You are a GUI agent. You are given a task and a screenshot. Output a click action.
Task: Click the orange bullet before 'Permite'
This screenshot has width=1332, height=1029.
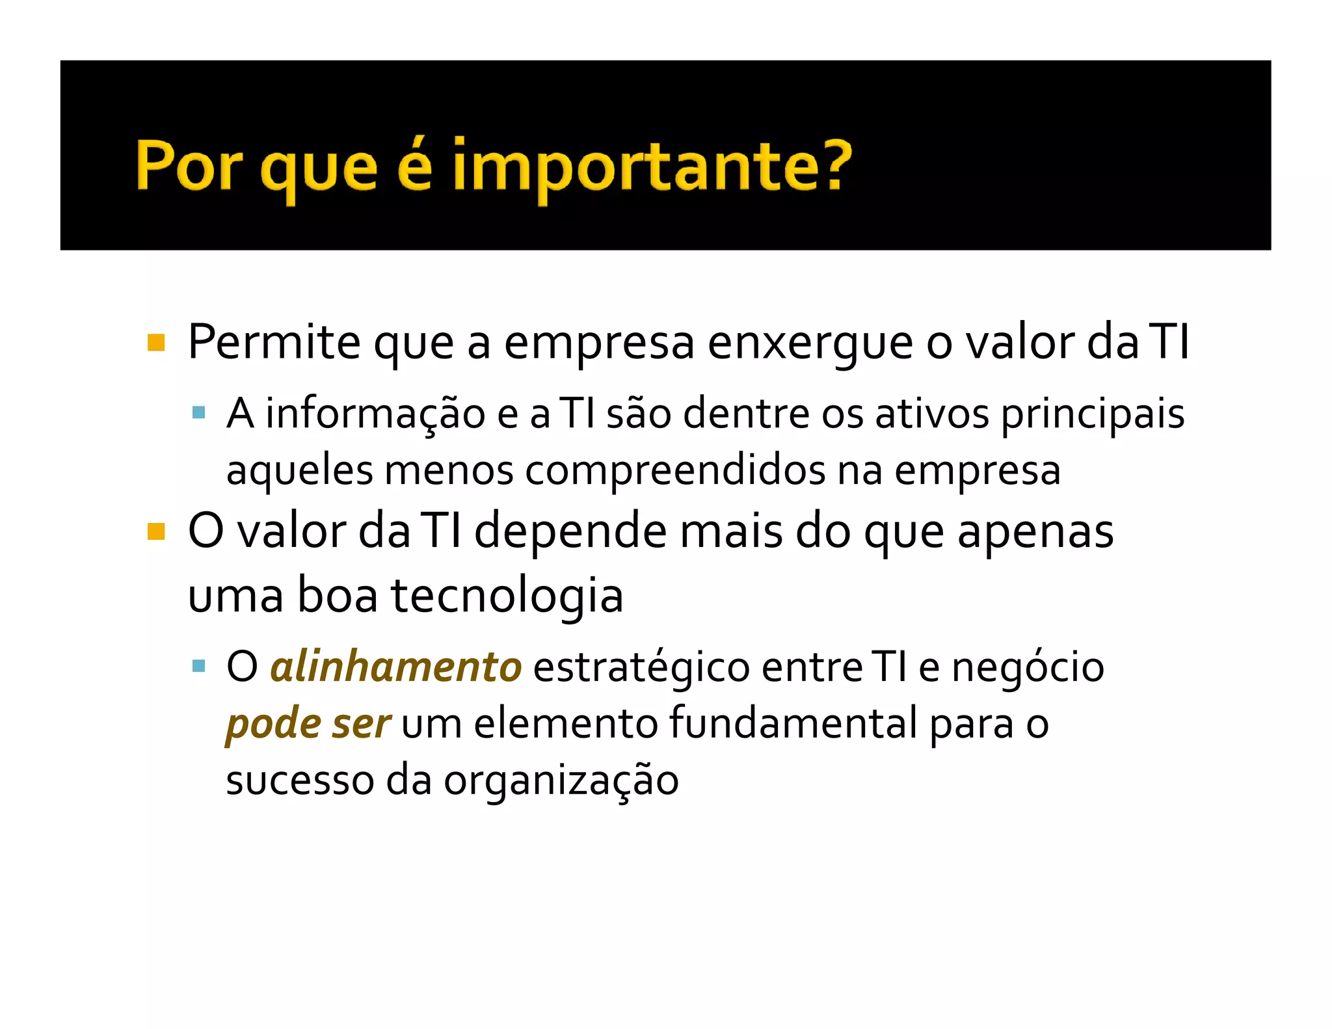[156, 342]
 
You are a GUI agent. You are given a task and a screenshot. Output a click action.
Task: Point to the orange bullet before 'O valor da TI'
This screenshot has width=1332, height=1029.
[156, 531]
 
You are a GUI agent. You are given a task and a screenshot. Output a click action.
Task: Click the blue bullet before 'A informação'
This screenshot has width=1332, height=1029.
[199, 413]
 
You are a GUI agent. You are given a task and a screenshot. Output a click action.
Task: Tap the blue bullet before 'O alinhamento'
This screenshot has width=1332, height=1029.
[199, 666]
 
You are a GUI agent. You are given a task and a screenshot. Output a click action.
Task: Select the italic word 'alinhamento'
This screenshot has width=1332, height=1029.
[395, 667]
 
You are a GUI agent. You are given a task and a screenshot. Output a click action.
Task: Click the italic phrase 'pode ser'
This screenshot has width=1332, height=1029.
[308, 724]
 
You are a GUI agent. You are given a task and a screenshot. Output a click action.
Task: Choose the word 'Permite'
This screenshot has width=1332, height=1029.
[274, 342]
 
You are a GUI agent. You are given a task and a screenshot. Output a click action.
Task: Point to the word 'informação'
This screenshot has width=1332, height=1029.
[375, 414]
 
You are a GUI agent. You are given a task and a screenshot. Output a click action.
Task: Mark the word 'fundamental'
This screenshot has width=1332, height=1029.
[793, 723]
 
